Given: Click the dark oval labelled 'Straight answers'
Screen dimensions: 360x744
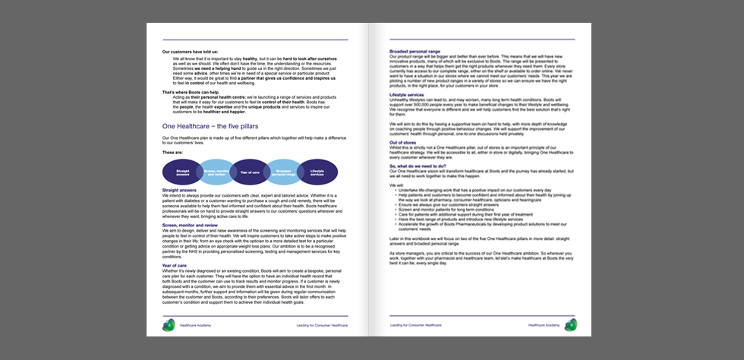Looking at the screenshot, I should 182,173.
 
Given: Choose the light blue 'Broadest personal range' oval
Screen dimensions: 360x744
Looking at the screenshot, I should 284,173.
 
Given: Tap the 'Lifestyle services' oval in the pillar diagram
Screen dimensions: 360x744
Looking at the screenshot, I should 317,173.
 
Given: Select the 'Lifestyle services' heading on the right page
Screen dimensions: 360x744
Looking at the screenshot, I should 407,95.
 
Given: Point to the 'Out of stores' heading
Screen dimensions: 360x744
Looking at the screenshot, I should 402,143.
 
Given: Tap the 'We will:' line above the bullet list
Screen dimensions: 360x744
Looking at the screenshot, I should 396,185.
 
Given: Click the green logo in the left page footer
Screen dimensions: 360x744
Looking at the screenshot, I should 168,324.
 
